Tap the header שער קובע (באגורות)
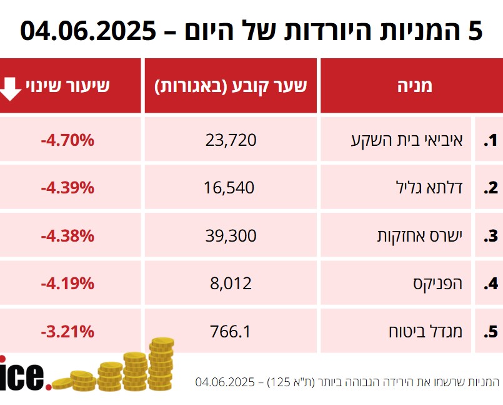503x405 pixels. point(231,86)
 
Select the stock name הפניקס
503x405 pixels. point(438,284)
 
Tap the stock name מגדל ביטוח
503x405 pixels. point(427,331)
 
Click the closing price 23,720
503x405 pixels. point(231,140)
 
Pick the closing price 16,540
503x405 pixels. point(229,187)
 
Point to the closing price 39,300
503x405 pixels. point(231,235)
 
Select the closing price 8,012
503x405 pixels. point(231,284)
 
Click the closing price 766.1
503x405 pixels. point(231,331)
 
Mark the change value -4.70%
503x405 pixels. point(67,140)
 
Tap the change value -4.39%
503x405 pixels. point(67,187)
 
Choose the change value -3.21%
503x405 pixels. point(67,331)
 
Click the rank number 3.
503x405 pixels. point(490,236)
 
